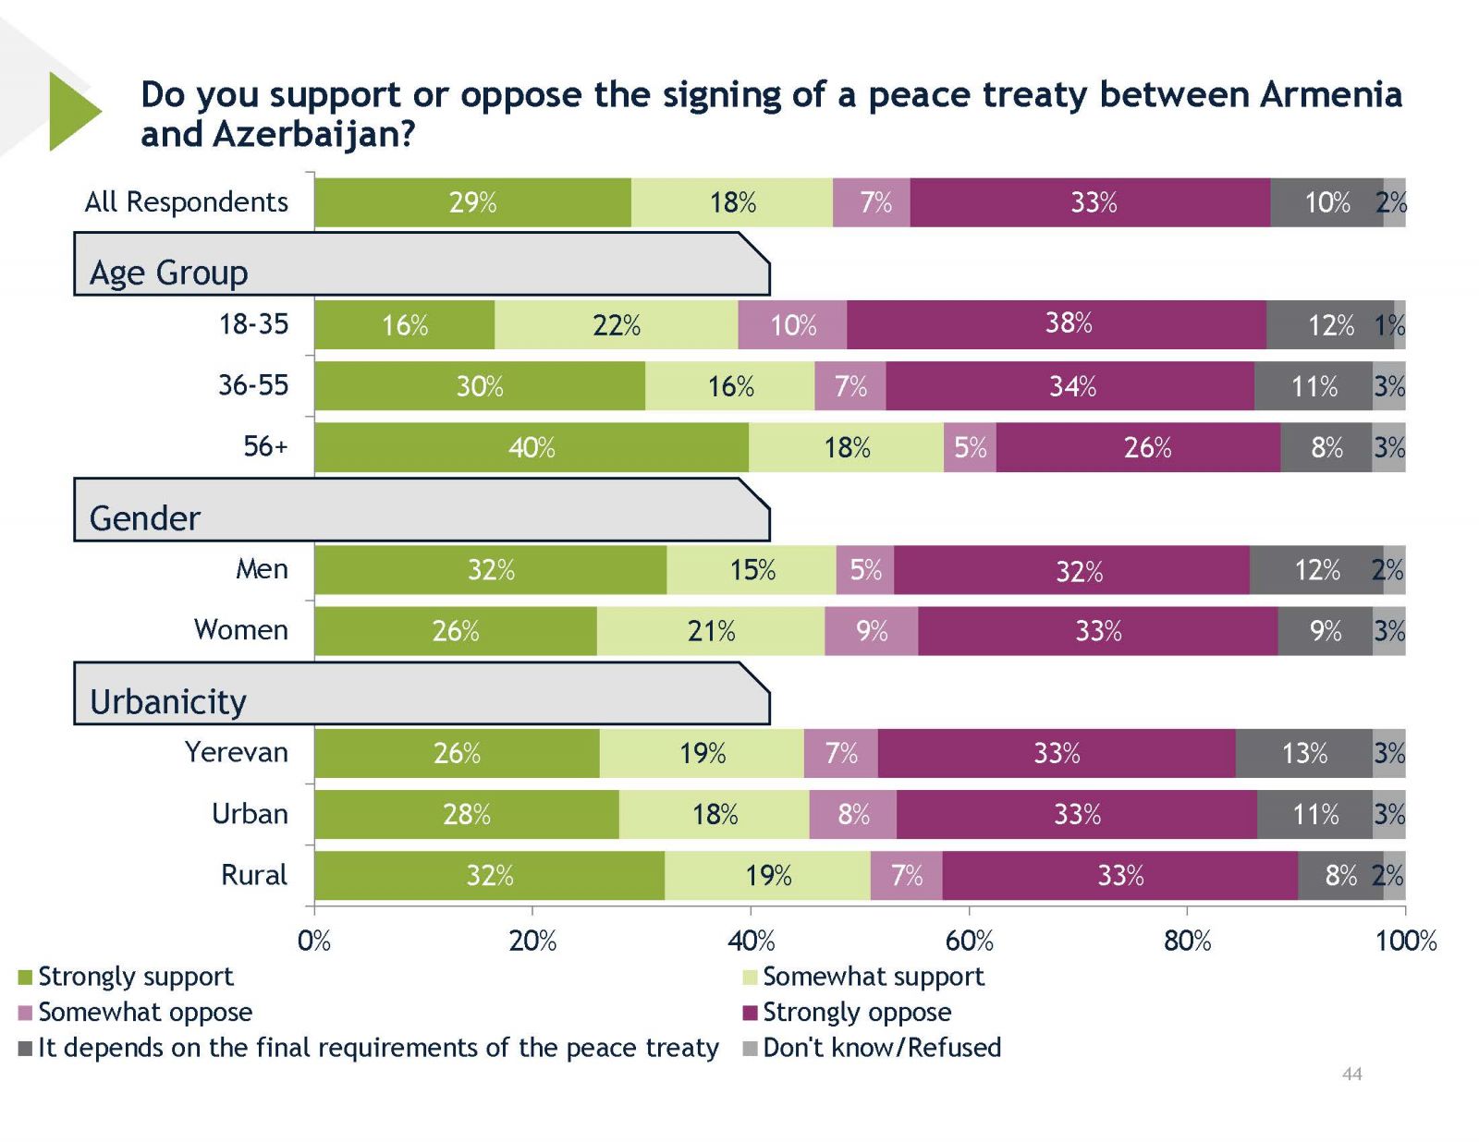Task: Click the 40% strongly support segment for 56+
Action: (x=532, y=448)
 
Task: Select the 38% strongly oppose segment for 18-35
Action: (x=1057, y=324)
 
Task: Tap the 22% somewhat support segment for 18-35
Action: (x=617, y=325)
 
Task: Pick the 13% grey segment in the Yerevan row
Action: (x=1303, y=754)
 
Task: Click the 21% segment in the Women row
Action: (x=711, y=632)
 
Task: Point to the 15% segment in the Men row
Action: (x=752, y=570)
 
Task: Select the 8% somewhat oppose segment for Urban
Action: (x=853, y=815)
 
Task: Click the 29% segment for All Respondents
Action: (x=472, y=202)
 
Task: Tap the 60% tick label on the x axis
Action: (x=969, y=942)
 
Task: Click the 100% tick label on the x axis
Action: (x=1405, y=942)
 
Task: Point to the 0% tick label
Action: (x=314, y=942)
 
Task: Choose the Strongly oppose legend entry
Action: (x=856, y=1013)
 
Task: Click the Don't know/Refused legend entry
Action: (x=881, y=1048)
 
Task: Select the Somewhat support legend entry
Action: (x=873, y=977)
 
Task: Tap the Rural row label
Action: (x=254, y=875)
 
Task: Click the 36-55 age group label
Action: (x=253, y=385)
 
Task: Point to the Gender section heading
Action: (x=145, y=518)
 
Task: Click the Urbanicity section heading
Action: (x=168, y=702)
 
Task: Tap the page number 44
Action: (x=1351, y=1074)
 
